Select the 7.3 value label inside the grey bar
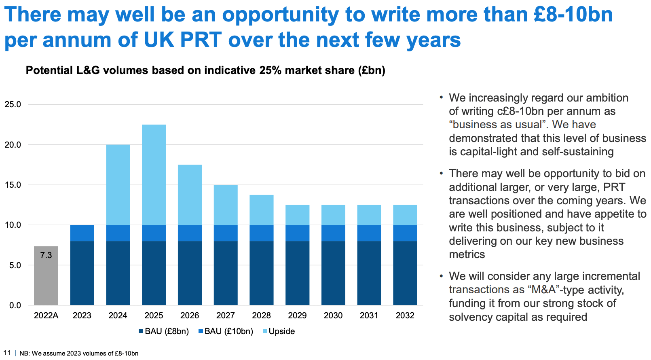[x=46, y=255]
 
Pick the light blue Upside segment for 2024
[x=118, y=184]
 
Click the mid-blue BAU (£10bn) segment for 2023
[x=82, y=233]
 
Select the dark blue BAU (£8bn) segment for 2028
[x=261, y=273]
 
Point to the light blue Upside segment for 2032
[x=405, y=215]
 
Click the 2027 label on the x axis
[x=225, y=316]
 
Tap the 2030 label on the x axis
[x=333, y=316]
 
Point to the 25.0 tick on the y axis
[x=13, y=104]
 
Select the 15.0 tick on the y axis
[x=13, y=185]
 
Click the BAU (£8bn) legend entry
[x=164, y=331]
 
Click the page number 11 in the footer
[x=7, y=353]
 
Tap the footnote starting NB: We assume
[x=79, y=353]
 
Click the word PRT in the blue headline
[x=201, y=40]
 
